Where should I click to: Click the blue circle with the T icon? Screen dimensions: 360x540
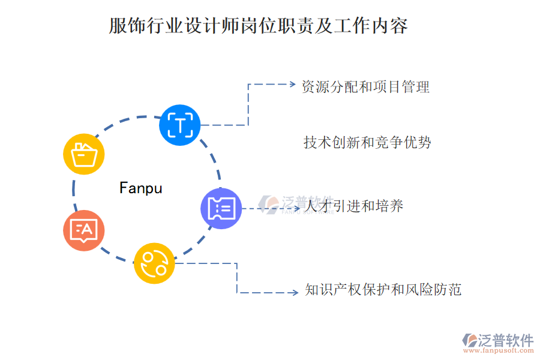180,125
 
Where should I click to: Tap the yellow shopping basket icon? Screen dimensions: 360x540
84,154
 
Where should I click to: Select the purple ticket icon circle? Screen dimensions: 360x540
221,208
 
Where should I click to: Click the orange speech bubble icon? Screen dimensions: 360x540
84,230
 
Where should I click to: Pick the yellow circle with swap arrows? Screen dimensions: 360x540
154,263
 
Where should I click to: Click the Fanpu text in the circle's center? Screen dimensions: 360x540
141,188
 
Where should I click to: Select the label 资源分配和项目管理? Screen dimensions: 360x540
366,86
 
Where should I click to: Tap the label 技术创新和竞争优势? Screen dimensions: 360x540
367,142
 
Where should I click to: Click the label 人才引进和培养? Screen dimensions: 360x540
354,206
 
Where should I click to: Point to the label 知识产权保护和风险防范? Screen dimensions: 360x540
383,290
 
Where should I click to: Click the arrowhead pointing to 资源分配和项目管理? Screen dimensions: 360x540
292,85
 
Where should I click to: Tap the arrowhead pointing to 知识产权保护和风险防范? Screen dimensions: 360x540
294,293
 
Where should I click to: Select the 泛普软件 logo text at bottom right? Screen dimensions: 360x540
506,340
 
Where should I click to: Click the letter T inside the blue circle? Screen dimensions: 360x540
180,125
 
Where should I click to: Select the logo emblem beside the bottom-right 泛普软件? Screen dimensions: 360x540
469,340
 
